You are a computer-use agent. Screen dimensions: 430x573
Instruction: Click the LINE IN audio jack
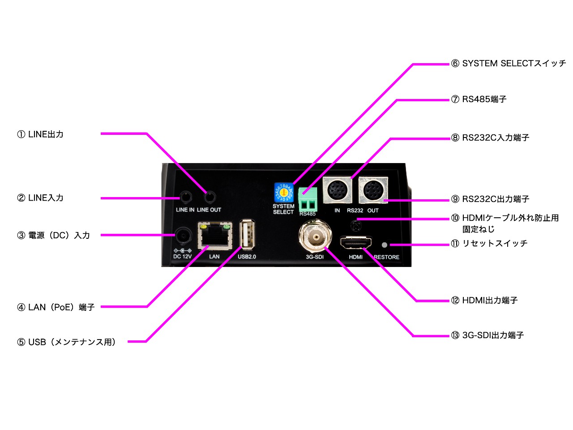(185, 198)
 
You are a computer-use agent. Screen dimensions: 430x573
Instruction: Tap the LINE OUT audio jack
(210, 197)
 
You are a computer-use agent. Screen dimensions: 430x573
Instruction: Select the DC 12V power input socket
(183, 236)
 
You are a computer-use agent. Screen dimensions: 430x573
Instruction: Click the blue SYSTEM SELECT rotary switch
(283, 193)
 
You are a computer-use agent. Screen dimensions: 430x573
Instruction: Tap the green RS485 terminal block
(308, 200)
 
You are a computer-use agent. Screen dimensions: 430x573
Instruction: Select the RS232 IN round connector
(337, 190)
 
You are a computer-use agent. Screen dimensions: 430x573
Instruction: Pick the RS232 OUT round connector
(373, 190)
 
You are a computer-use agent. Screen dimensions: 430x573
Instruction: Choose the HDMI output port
(355, 243)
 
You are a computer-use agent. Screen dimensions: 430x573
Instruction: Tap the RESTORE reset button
(384, 245)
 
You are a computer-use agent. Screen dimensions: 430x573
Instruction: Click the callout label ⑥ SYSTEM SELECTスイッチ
(509, 64)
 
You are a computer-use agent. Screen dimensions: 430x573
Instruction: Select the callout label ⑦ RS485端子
(479, 99)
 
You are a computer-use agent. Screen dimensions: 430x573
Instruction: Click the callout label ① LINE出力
(40, 134)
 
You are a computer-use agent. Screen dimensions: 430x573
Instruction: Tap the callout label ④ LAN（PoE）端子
(56, 307)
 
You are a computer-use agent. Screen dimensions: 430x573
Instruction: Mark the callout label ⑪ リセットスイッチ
(489, 244)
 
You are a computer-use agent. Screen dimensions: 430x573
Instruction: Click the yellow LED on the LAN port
(204, 227)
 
